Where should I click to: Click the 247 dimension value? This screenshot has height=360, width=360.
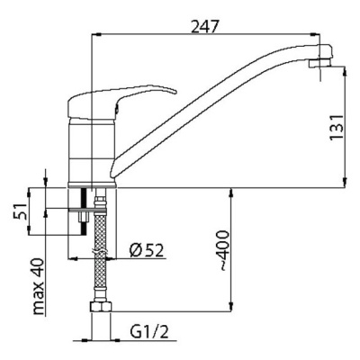[x=205, y=28]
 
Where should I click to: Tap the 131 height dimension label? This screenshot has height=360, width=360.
[x=337, y=127]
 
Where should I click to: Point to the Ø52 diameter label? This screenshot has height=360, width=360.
[x=147, y=250]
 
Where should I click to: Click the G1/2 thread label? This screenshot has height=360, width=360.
[x=149, y=332]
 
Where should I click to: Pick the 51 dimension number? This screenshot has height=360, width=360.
[x=20, y=211]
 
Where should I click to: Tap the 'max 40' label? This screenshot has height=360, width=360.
[x=39, y=286]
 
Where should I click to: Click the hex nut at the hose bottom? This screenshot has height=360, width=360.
[x=101, y=307]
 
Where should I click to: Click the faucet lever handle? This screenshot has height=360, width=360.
[x=120, y=99]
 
